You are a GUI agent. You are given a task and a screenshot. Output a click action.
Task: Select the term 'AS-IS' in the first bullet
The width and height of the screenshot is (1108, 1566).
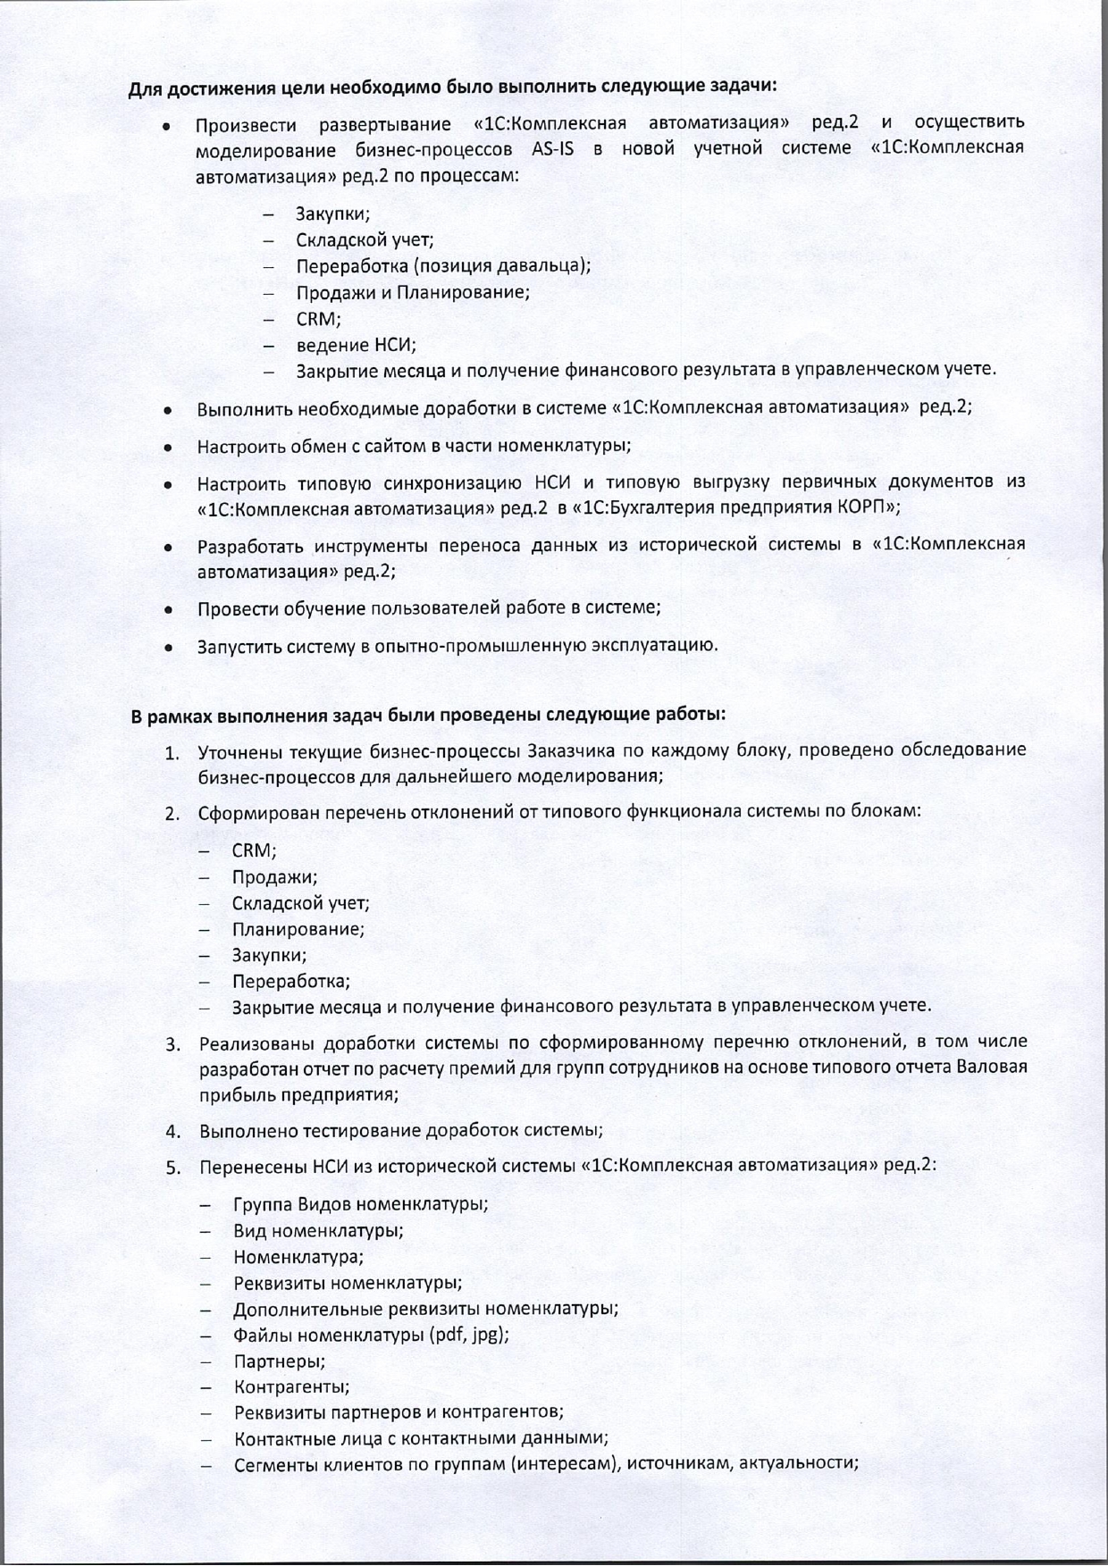click(x=552, y=149)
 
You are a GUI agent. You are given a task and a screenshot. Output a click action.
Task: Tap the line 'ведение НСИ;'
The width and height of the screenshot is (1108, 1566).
click(x=356, y=345)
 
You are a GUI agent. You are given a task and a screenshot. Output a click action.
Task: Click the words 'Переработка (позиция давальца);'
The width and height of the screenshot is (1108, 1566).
click(x=443, y=266)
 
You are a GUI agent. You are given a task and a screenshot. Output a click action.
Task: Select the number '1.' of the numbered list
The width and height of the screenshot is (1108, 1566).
click(x=172, y=751)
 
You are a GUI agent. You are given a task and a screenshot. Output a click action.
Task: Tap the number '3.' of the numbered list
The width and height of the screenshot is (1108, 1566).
click(x=172, y=1043)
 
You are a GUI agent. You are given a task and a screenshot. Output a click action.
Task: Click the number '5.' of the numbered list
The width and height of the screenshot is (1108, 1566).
click(x=172, y=1167)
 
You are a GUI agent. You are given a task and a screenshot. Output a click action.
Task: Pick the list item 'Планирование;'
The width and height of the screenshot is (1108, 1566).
click(x=298, y=929)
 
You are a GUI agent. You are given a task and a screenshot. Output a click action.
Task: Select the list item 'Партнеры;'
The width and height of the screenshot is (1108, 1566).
click(x=279, y=1361)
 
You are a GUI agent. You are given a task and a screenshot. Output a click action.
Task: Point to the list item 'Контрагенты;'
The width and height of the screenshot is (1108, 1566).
click(x=291, y=1387)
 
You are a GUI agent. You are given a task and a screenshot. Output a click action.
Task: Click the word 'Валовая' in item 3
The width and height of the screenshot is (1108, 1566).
click(x=992, y=1068)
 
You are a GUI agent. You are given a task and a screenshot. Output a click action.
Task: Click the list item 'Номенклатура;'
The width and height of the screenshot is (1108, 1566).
click(x=298, y=1257)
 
